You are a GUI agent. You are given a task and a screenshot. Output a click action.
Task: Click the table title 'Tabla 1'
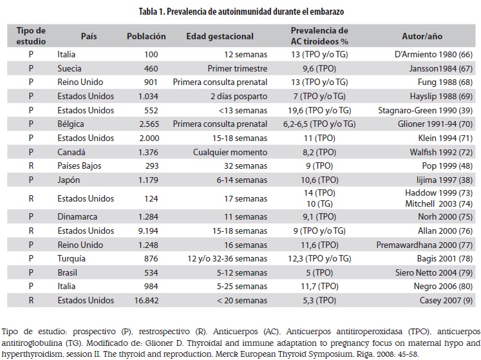pyautogui.click(x=240, y=10)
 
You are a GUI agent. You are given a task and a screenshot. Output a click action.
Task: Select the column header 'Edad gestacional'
pyautogui.click(x=220, y=37)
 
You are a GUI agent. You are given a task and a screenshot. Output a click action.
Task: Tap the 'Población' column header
pyautogui.click(x=146, y=37)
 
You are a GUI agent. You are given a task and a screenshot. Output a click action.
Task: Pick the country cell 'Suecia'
pyautogui.click(x=71, y=68)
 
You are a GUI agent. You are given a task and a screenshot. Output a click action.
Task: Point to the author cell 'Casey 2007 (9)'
pyautogui.click(x=443, y=299)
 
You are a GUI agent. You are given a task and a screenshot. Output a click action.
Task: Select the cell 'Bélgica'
pyautogui.click(x=71, y=124)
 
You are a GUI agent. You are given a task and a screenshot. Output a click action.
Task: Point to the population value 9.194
pyautogui.click(x=154, y=230)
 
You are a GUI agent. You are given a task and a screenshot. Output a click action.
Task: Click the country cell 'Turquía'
pyautogui.click(x=73, y=258)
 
